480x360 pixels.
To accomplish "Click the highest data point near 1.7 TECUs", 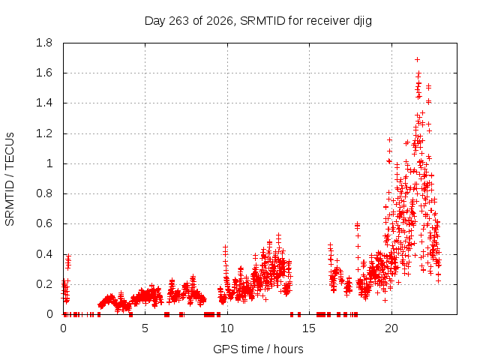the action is [417, 60].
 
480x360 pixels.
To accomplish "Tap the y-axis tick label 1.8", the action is [44, 43].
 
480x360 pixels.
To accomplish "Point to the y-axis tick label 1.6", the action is [44, 73].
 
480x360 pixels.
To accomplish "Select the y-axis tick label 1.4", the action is [44, 103].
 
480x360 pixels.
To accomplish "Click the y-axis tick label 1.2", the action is [44, 133].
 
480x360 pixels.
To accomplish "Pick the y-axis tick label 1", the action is [49, 163].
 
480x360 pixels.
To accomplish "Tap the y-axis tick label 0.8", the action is [44, 193].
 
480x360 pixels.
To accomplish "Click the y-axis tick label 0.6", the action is [44, 223].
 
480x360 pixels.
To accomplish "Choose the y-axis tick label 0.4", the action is [44, 254].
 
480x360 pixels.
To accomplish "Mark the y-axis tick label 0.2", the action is [44, 284].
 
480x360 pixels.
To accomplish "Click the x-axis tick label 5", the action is [145, 328].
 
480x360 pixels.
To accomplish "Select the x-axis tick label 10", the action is [227, 328].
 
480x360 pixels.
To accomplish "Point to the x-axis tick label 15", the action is [309, 328].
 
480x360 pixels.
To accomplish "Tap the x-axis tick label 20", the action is [391, 328].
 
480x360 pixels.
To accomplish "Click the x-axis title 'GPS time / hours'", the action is [258, 349].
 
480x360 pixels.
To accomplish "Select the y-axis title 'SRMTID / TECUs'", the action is [10, 179].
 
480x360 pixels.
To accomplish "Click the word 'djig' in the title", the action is [362, 21].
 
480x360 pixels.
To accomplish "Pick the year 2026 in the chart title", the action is [220, 21].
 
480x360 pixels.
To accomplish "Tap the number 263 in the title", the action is [178, 21].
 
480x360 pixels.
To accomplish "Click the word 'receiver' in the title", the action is [328, 21].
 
